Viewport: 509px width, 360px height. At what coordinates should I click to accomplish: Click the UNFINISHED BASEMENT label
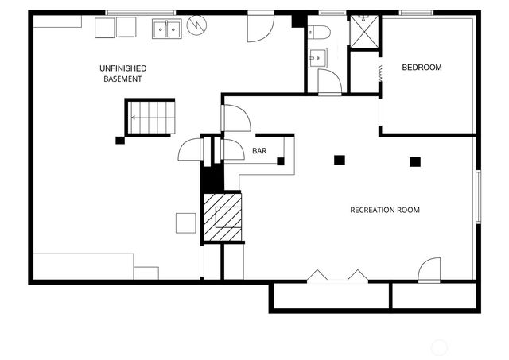[x=122, y=74]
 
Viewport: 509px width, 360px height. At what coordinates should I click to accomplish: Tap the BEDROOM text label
[x=422, y=68]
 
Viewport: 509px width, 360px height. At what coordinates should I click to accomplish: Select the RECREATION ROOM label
[x=385, y=210]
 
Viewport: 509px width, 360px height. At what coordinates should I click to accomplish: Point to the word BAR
[x=259, y=151]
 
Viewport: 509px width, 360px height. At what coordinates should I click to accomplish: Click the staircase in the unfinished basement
[x=150, y=117]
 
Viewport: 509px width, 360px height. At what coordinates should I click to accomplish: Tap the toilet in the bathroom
[x=321, y=33]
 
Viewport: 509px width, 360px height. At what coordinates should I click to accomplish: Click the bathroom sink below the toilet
[x=317, y=57]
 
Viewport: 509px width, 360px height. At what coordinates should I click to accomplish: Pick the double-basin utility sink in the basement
[x=166, y=29]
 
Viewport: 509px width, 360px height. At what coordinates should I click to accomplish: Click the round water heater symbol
[x=196, y=28]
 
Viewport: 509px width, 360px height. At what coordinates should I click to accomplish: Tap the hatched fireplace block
[x=222, y=215]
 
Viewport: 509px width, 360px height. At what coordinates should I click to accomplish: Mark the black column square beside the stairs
[x=119, y=141]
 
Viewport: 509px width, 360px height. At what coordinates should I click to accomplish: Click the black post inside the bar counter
[x=281, y=161]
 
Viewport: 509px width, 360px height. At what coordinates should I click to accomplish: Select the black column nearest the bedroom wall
[x=414, y=161]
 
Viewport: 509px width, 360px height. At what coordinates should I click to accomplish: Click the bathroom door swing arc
[x=329, y=82]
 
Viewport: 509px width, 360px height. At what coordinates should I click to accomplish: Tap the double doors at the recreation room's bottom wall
[x=337, y=276]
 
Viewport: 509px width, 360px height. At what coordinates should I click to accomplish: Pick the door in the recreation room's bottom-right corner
[x=429, y=269]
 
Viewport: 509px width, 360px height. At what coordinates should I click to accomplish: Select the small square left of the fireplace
[x=185, y=223]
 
